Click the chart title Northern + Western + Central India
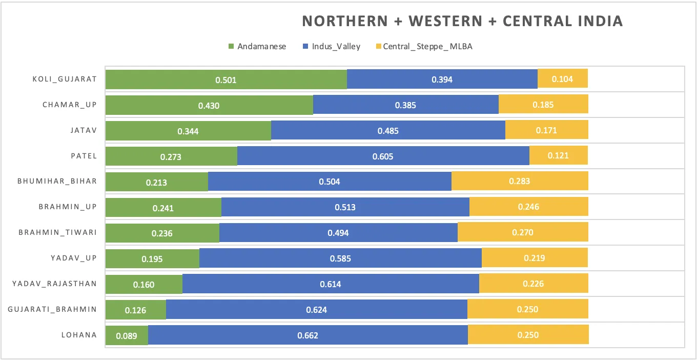point(462,22)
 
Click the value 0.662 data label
point(307,335)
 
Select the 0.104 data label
point(562,79)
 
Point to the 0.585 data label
point(340,258)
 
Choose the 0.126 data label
point(135,310)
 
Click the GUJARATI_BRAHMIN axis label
point(52,309)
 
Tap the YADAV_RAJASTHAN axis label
point(54,284)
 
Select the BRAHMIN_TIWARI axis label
point(57,232)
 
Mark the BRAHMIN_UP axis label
point(68,207)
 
